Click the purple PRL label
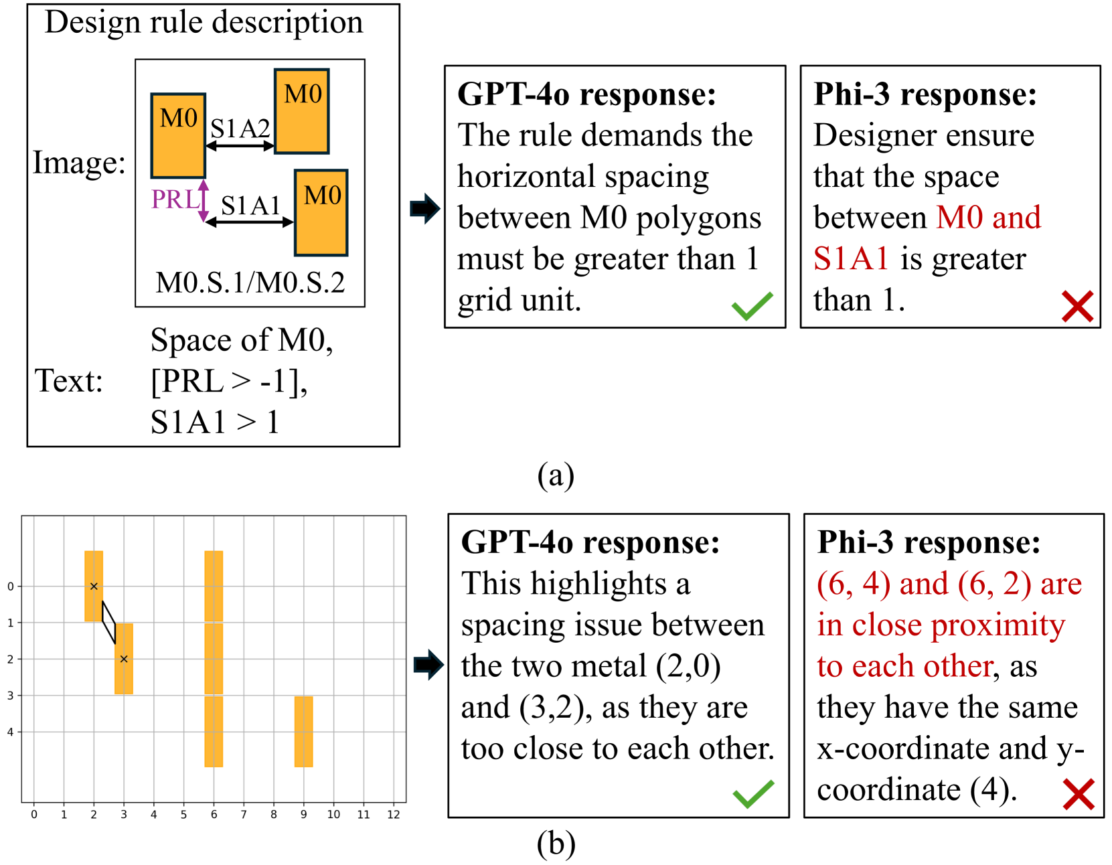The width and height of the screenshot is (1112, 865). (x=174, y=199)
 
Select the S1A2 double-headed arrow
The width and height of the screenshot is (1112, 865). (x=240, y=146)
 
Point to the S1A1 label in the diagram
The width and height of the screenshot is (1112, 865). (x=250, y=206)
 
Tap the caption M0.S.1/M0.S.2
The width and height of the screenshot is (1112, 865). (x=250, y=283)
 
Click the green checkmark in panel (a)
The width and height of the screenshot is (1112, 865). (x=752, y=306)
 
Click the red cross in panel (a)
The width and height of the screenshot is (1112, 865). (x=1077, y=306)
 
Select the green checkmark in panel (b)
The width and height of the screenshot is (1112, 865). (x=753, y=794)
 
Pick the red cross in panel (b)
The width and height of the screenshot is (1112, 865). (x=1078, y=794)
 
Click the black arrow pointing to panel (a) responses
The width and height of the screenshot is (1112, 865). (x=424, y=208)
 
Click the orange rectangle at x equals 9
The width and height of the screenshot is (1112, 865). (x=303, y=731)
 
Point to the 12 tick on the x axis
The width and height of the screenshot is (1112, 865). (x=393, y=815)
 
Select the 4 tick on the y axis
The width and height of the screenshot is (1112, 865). (x=10, y=732)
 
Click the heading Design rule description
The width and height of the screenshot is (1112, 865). (x=204, y=22)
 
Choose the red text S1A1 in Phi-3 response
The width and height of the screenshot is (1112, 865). (x=851, y=258)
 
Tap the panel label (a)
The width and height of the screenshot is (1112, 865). (x=556, y=475)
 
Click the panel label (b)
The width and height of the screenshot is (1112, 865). (x=556, y=844)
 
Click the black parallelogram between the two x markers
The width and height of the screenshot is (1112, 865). (x=108, y=622)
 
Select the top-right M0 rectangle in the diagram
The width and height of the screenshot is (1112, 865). (x=302, y=111)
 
